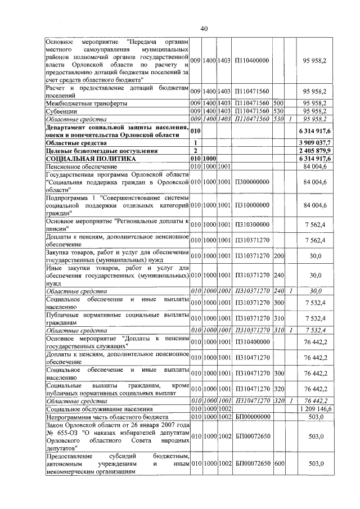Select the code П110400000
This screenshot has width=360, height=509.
252,60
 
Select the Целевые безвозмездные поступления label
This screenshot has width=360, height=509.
101,151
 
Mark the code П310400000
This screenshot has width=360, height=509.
252,343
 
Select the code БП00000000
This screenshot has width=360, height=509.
253,417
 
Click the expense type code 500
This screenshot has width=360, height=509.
278,104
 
